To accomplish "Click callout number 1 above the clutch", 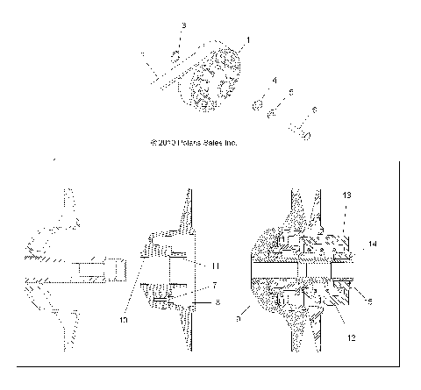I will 248,40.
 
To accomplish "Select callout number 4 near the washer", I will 275,81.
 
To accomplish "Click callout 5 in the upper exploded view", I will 290,92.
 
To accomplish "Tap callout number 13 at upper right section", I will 346,218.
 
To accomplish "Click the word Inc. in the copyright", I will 230,142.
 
